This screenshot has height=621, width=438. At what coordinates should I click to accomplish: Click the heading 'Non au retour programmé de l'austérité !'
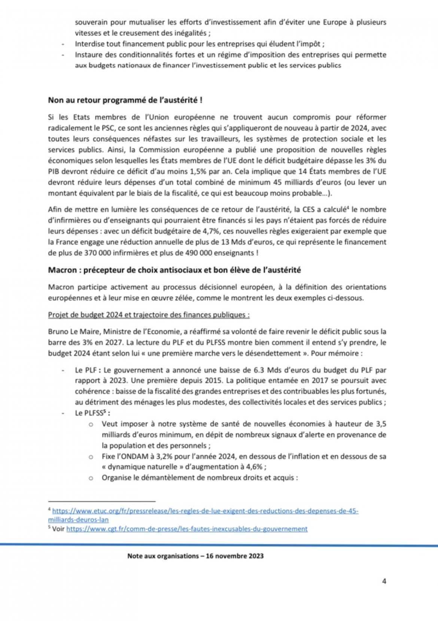pyautogui.click(x=125, y=101)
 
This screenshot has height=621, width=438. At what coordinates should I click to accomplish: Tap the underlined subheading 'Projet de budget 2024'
pyautogui.click(x=149, y=314)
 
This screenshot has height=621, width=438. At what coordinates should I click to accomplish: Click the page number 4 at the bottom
pyautogui.click(x=384, y=581)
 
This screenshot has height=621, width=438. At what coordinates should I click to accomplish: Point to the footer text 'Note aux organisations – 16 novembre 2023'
pyautogui.click(x=195, y=556)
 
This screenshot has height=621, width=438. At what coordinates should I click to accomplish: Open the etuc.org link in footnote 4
pyautogui.click(x=205, y=511)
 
